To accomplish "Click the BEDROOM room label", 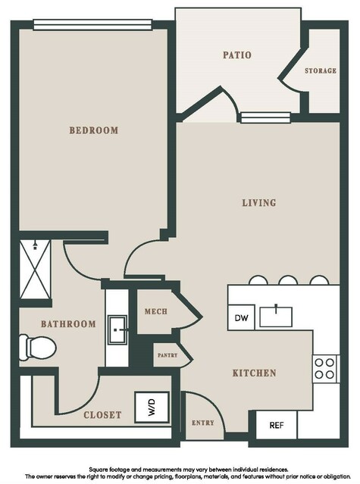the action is [93, 130].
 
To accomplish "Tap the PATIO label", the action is [237, 55].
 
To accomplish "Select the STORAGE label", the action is [321, 70].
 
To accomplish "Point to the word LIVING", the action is [258, 203].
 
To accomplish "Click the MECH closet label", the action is [156, 311].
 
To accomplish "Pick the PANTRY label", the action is [167, 355].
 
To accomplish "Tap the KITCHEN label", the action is [254, 373].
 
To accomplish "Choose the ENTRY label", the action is [203, 423].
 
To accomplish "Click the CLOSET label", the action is [102, 415].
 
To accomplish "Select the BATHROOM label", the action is [68, 323].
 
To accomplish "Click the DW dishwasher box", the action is [242, 317].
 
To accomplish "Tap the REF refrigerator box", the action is [277, 425].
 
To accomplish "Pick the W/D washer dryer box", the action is [152, 407].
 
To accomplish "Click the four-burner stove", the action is [324, 369].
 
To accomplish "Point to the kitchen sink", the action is [276, 317].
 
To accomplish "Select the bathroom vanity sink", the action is [117, 329].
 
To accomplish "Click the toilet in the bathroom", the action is [37, 348].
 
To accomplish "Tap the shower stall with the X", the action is [35, 270].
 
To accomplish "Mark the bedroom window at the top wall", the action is [92, 25].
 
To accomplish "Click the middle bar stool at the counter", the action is [288, 280].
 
